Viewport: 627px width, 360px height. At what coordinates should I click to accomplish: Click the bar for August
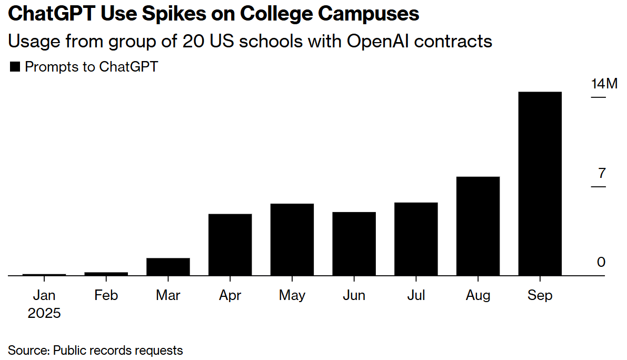pos(477,226)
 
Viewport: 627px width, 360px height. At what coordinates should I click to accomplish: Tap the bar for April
pos(230,244)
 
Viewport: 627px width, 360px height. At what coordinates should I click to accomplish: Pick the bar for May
pos(292,239)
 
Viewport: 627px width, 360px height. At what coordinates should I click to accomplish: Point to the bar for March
pos(168,266)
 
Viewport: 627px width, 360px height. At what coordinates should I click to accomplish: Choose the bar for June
pos(354,243)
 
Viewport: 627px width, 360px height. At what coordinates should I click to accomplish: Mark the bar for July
pos(416,238)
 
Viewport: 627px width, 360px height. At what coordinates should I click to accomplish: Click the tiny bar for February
pos(106,274)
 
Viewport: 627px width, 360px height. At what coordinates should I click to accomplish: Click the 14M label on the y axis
pos(604,84)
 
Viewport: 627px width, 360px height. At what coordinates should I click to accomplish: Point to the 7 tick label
pos(602,173)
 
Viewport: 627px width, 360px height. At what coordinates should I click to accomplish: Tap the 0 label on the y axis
pos(601,262)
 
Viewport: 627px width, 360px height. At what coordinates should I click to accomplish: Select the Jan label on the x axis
pos(44,295)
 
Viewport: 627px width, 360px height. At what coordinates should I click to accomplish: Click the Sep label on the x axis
pos(540,295)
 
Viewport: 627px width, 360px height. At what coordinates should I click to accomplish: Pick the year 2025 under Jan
pos(44,314)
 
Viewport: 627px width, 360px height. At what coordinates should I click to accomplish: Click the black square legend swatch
pos(15,67)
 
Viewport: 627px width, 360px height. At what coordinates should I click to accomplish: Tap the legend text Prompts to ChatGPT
pos(91,67)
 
